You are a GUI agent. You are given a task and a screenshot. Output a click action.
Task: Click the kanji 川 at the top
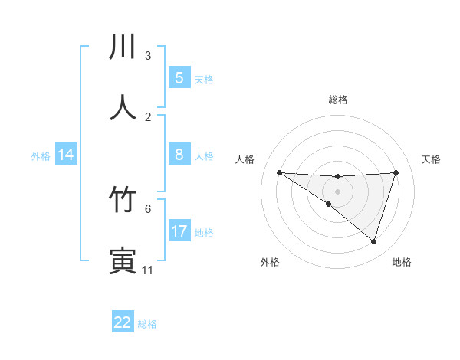tap(123, 47)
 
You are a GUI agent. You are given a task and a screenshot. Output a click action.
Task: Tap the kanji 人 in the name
tap(123, 108)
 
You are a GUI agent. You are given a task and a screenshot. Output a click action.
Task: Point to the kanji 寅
tap(123, 260)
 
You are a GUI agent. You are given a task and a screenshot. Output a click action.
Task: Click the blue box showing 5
tap(179, 78)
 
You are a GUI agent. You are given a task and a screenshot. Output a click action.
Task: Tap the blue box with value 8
tap(179, 155)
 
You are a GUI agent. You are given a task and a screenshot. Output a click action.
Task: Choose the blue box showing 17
tap(179, 231)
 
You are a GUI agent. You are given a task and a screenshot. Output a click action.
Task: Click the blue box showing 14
tap(66, 155)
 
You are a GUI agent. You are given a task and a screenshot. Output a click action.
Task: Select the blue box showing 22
tap(123, 322)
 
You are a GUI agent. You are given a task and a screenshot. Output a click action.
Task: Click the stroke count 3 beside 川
tap(148, 56)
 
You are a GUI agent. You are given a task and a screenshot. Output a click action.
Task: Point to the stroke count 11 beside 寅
tap(147, 270)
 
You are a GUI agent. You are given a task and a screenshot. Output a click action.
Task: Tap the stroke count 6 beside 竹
tap(148, 208)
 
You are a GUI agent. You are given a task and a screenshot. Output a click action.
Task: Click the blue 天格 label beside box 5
tap(204, 80)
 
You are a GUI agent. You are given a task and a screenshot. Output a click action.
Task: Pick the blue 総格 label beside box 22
tap(147, 324)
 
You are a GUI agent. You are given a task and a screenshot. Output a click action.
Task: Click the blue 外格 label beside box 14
tap(41, 156)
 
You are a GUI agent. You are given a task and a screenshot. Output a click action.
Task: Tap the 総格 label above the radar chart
tap(337, 100)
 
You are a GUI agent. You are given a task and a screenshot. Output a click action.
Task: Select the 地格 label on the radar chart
tap(402, 263)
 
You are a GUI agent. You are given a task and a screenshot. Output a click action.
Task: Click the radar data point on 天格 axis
tap(396, 173)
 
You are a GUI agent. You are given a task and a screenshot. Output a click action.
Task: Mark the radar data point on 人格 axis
tap(279, 172)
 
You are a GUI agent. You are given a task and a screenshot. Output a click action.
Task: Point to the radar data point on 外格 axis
tap(328, 205)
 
